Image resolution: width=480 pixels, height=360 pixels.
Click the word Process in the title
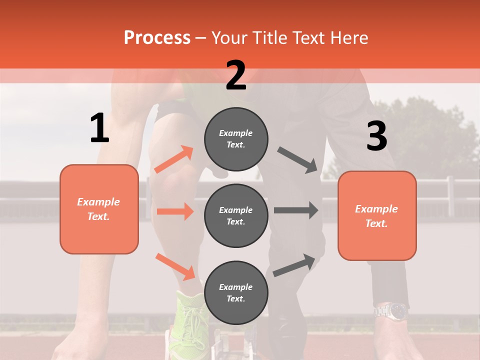(157, 38)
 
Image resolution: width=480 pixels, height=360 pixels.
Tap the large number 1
(99, 128)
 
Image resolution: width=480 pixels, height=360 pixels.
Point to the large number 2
(236, 75)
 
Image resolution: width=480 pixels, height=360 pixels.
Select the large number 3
(376, 136)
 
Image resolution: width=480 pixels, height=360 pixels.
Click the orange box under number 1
(99, 209)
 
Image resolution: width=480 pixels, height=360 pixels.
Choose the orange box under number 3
(377, 215)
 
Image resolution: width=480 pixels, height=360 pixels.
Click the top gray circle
(236, 138)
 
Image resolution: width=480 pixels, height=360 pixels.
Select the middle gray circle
(236, 215)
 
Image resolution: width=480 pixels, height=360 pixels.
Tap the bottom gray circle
(236, 292)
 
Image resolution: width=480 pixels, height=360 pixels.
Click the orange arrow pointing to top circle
(174, 159)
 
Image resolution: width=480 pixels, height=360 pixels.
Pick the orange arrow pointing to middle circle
(175, 211)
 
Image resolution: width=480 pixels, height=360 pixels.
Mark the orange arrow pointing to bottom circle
(175, 266)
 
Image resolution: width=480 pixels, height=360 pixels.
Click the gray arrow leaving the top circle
(297, 159)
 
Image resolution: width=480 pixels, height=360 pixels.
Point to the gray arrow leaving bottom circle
(294, 265)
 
